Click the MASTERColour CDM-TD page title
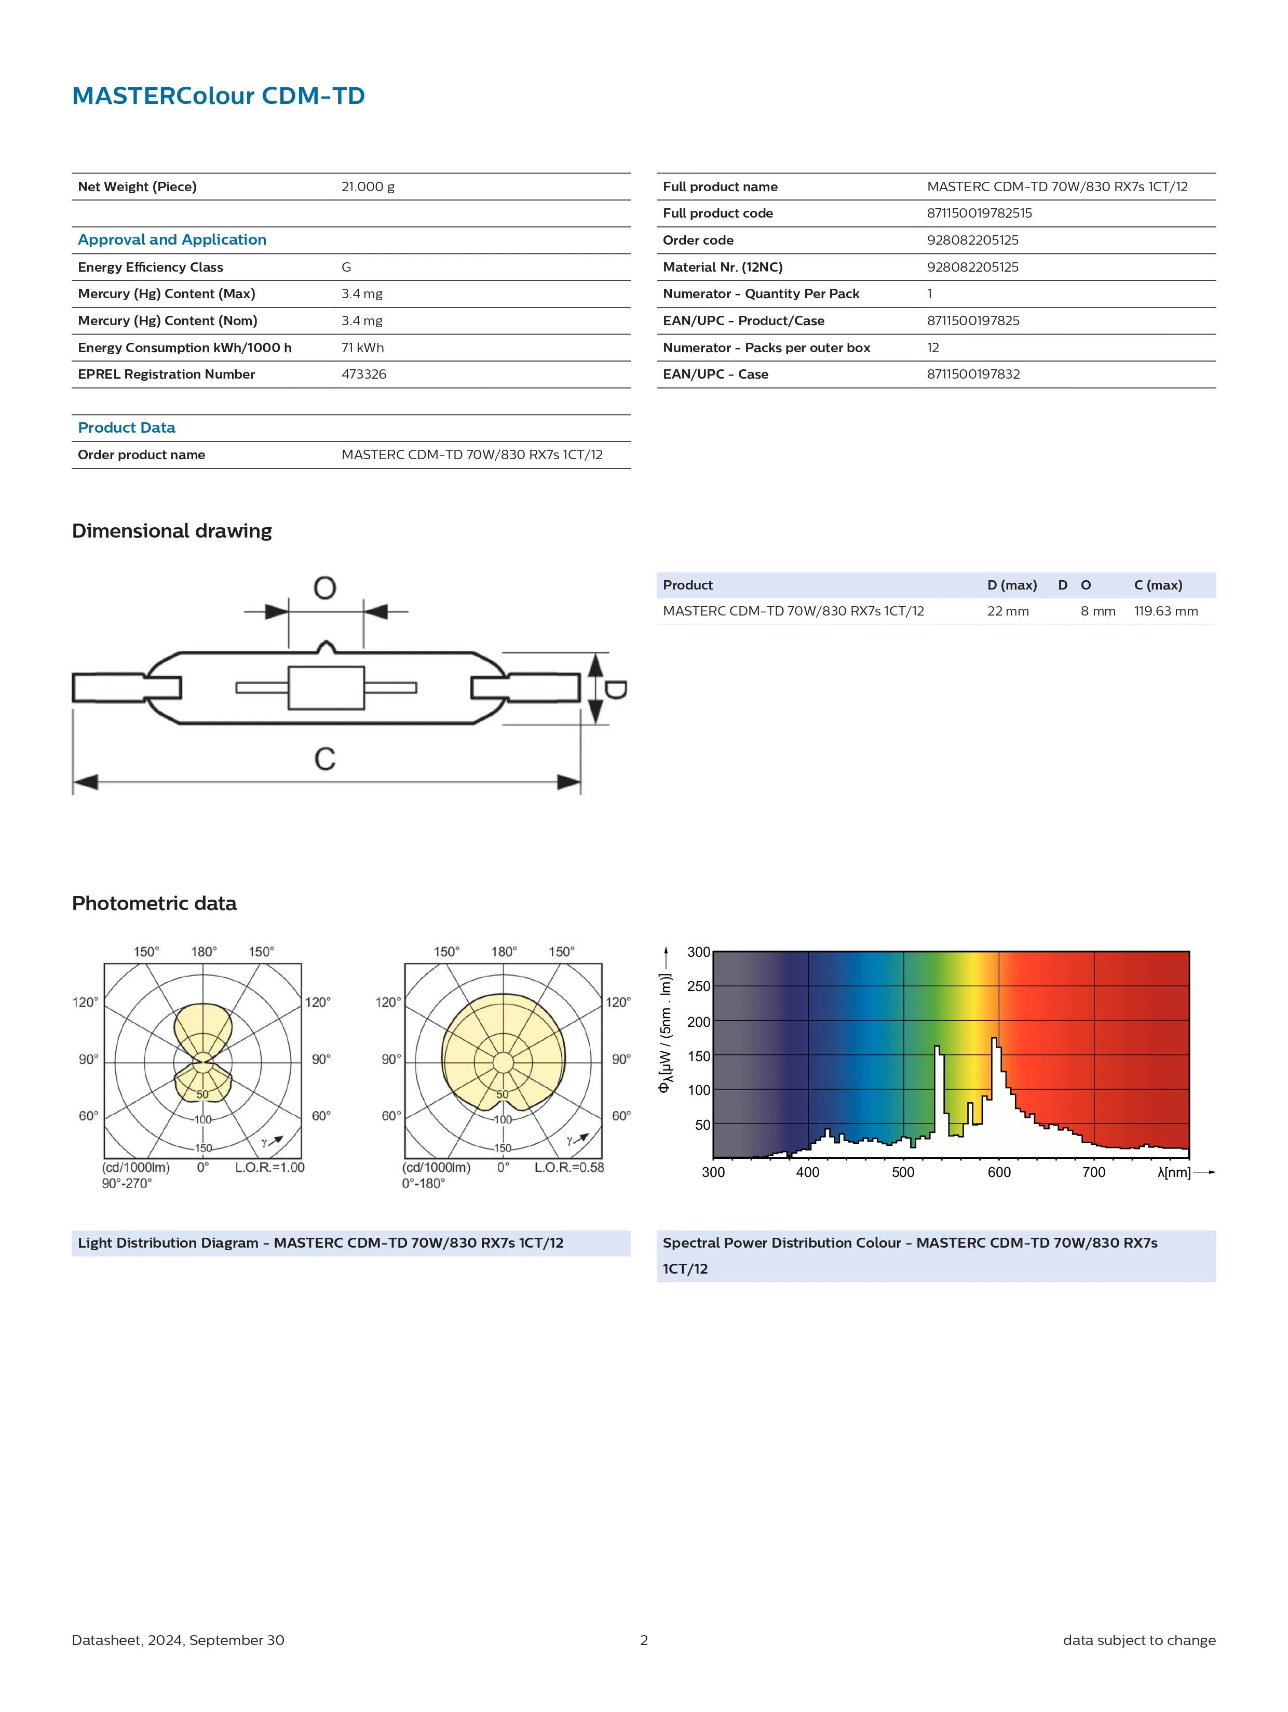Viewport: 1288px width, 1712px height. (x=218, y=96)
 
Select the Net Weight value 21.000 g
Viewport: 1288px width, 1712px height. (x=368, y=186)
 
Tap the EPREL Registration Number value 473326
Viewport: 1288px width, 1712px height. (x=363, y=374)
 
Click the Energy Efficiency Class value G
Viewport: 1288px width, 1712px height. (x=346, y=267)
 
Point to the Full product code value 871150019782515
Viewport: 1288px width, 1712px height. (x=979, y=213)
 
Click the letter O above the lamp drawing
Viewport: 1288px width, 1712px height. (x=325, y=588)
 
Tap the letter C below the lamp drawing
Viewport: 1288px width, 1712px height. (x=325, y=758)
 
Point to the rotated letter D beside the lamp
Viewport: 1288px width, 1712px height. (x=616, y=689)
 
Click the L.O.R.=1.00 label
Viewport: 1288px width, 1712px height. (x=269, y=1167)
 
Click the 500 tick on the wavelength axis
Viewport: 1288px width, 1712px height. (x=903, y=1172)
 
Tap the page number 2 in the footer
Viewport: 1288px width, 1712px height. (x=644, y=1640)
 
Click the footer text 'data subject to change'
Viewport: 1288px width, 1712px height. (x=1138, y=1640)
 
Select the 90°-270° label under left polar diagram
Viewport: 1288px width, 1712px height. (x=127, y=1183)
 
